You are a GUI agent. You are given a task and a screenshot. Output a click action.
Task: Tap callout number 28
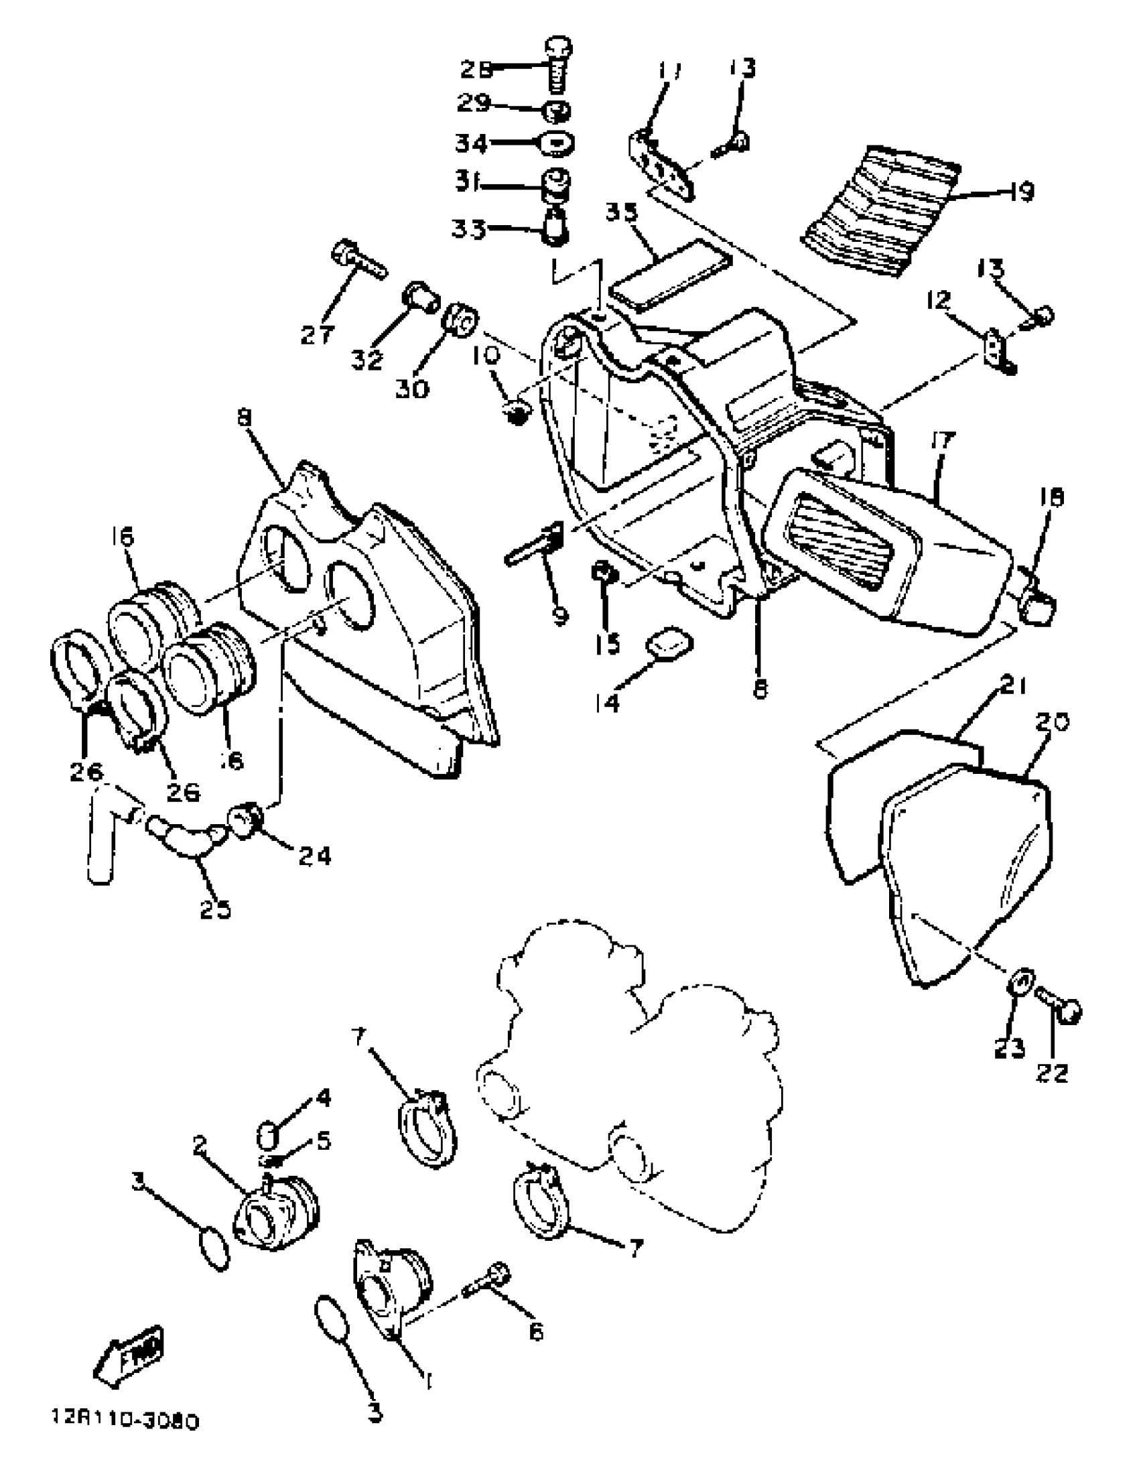476,69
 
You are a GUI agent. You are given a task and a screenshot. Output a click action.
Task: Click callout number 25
216,909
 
